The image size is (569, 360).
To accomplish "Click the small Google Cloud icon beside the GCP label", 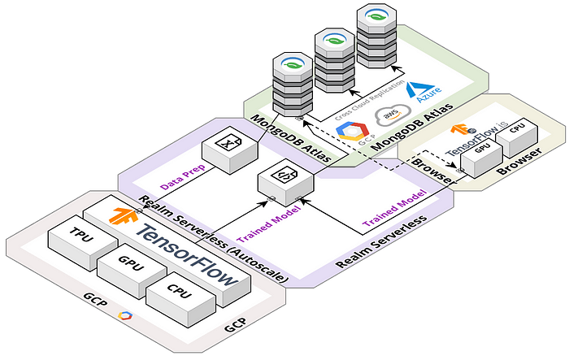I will pos(124,315).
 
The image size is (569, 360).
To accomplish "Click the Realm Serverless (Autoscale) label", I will pos(213,236).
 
